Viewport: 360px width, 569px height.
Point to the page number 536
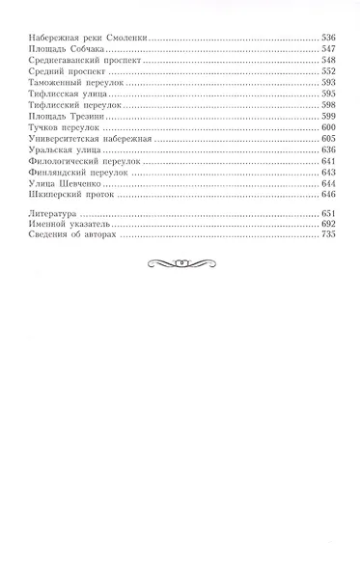tap(329, 36)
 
